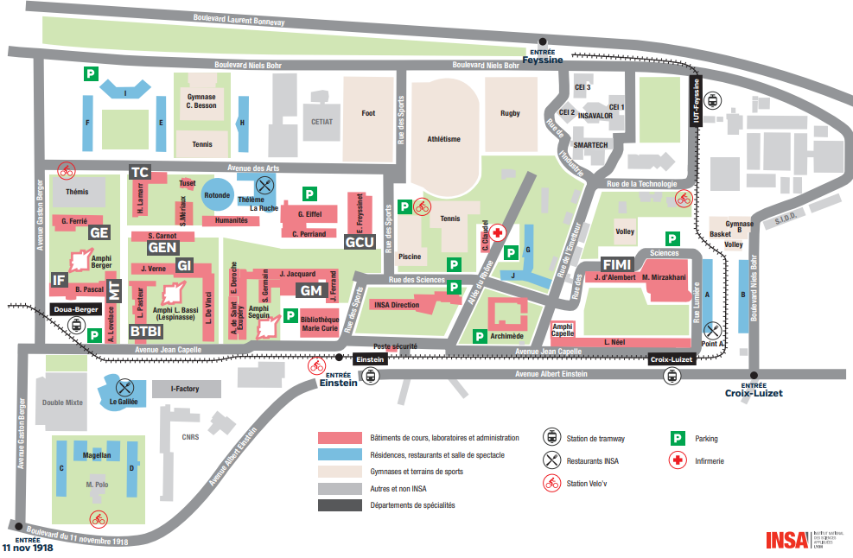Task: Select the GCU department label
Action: (360, 242)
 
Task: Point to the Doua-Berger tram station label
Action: (75, 308)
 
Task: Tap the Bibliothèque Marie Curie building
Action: (319, 325)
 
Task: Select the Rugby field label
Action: (510, 113)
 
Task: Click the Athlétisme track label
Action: (443, 139)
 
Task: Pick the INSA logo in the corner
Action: (786, 540)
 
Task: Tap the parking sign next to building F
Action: (90, 75)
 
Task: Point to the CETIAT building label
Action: (322, 122)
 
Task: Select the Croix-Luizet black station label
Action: (672, 358)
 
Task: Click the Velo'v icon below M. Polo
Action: (99, 518)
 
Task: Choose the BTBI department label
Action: (146, 330)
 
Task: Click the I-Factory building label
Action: (184, 389)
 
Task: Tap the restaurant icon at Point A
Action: (712, 329)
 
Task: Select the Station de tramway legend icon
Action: (551, 438)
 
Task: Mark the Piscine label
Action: (410, 257)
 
